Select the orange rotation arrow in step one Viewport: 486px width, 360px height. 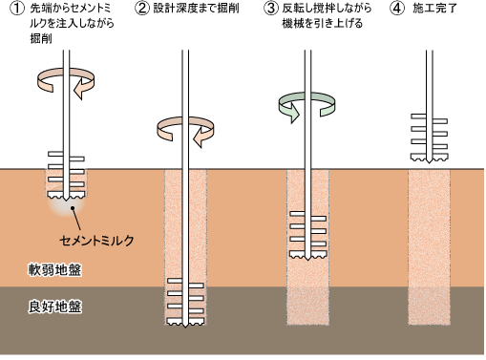click(x=63, y=82)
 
